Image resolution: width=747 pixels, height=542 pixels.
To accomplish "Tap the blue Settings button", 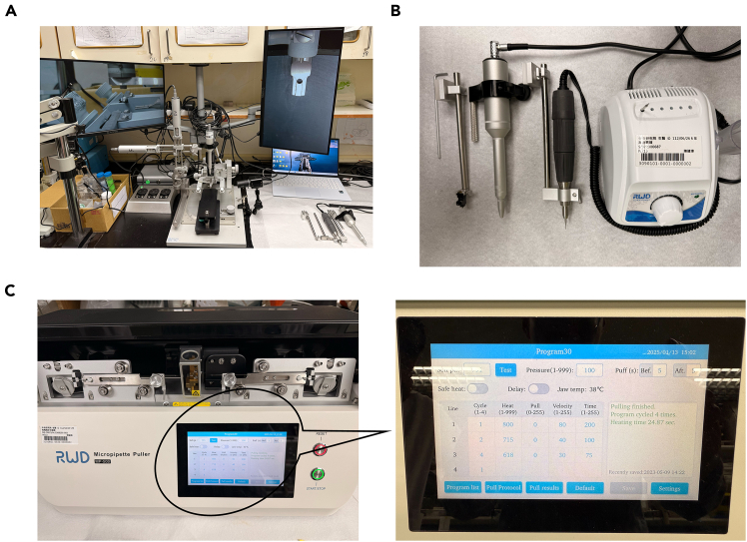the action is [x=669, y=487].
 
